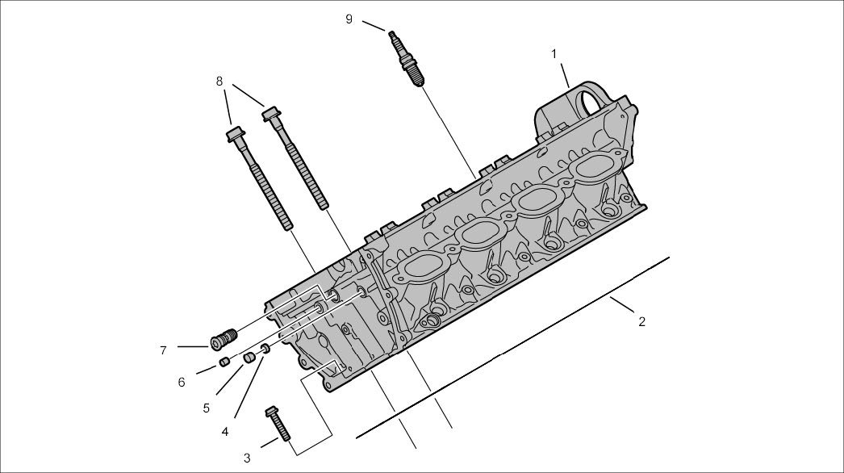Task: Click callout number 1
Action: pos(554,53)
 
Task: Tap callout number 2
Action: pos(641,321)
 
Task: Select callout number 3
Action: pos(247,458)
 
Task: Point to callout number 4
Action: pos(224,432)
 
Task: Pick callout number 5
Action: pos(207,408)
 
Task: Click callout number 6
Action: pos(182,382)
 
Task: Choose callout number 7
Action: pos(163,350)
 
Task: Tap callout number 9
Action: pos(349,19)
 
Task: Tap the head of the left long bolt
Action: pos(236,133)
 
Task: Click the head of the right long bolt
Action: pos(271,114)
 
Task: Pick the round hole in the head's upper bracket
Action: pos(593,103)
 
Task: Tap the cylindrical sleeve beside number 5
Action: pos(249,356)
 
